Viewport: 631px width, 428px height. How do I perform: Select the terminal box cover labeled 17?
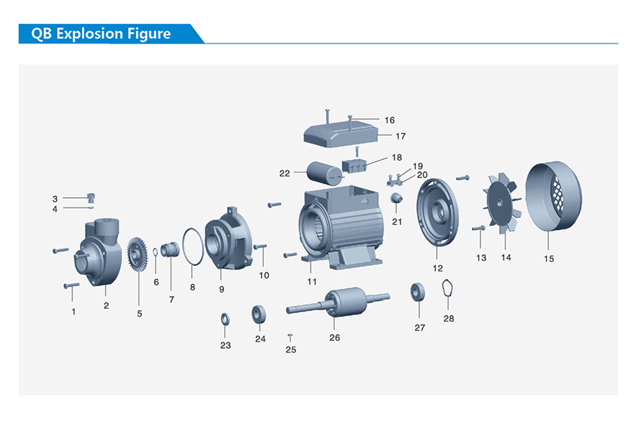[x=344, y=132]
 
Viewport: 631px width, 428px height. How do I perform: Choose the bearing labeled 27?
[x=419, y=291]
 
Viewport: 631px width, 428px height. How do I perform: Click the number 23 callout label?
[x=225, y=345]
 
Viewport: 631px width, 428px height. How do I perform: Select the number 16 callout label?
[x=390, y=121]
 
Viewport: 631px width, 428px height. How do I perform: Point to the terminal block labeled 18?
[x=355, y=166]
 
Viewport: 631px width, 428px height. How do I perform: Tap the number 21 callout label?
[x=398, y=222]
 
